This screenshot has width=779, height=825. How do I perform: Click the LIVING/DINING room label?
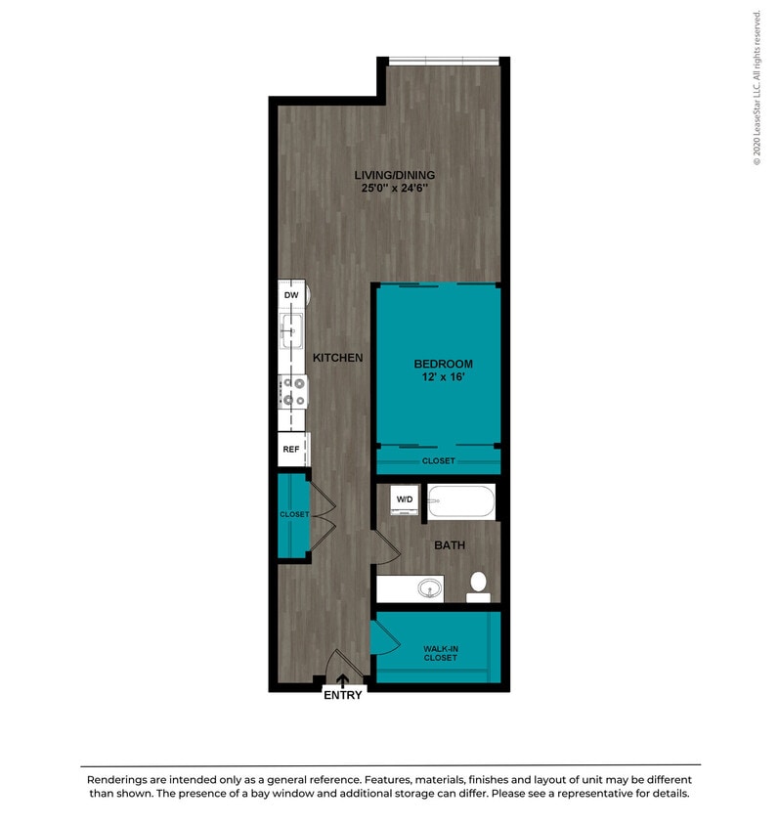pyautogui.click(x=394, y=175)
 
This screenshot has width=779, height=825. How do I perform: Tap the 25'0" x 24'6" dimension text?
pyautogui.click(x=394, y=189)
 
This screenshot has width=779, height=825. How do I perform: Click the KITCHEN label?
pyautogui.click(x=338, y=358)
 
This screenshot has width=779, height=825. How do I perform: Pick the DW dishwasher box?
pyautogui.click(x=291, y=294)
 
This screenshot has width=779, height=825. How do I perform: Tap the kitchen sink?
pyautogui.click(x=291, y=330)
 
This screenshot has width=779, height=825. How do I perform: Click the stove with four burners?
pyautogui.click(x=292, y=391)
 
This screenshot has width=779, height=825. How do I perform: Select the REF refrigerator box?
pyautogui.click(x=291, y=450)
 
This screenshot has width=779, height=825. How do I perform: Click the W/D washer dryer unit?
pyautogui.click(x=405, y=500)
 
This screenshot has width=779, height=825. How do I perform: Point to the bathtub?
pyautogui.click(x=462, y=502)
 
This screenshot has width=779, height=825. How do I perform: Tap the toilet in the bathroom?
pyautogui.click(x=478, y=586)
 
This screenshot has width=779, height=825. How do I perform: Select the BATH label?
pyautogui.click(x=450, y=545)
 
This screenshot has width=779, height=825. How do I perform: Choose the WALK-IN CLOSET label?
pyautogui.click(x=440, y=652)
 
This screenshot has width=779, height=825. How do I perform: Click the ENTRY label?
pyautogui.click(x=342, y=695)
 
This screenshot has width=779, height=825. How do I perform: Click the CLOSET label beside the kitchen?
pyautogui.click(x=293, y=514)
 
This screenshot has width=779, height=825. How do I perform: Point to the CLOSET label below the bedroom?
pyautogui.click(x=438, y=460)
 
